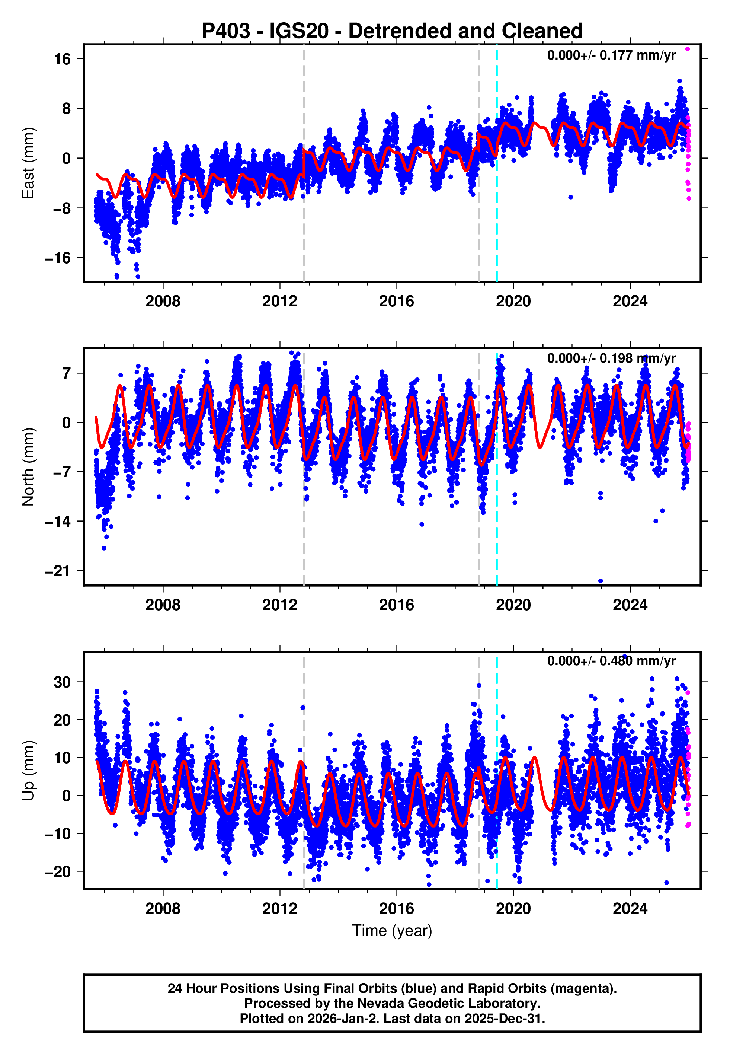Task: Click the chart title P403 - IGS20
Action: (x=392, y=31)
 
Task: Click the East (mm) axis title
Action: (x=28, y=163)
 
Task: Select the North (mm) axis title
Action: (x=28, y=467)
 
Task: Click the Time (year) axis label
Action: (x=392, y=931)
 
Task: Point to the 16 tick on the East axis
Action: (x=63, y=59)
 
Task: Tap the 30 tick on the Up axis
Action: (x=62, y=682)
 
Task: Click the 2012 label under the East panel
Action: (x=279, y=302)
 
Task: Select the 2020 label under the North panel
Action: (x=513, y=605)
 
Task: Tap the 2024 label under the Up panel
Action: (x=630, y=909)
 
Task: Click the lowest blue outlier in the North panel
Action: (x=601, y=581)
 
